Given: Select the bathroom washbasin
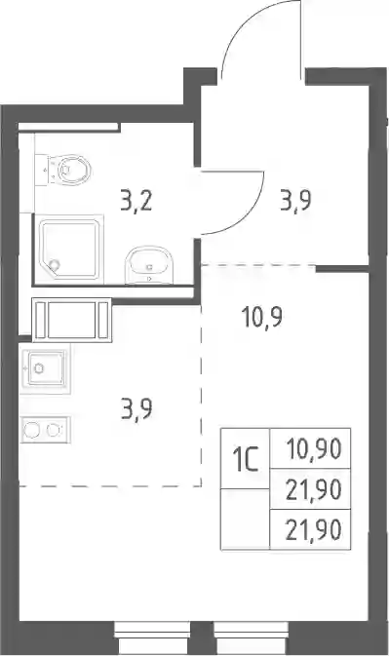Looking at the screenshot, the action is click(x=148, y=265).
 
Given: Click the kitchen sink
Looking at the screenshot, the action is click(x=45, y=368).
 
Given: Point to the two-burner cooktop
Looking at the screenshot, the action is click(x=45, y=430).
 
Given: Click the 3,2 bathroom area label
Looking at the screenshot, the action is click(x=136, y=202).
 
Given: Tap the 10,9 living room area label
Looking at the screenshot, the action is click(x=262, y=317).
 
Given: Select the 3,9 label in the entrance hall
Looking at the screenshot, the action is click(x=295, y=202).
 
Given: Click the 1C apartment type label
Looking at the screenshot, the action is click(x=246, y=458).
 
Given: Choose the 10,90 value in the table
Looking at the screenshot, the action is click(x=314, y=449).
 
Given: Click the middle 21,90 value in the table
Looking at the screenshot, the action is click(x=314, y=489).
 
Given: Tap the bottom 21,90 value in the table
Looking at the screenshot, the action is click(x=314, y=530).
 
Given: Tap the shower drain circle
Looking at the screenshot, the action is click(x=54, y=264).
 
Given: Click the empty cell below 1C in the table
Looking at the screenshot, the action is click(x=246, y=519).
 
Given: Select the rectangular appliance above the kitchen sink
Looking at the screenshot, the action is click(x=72, y=320).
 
